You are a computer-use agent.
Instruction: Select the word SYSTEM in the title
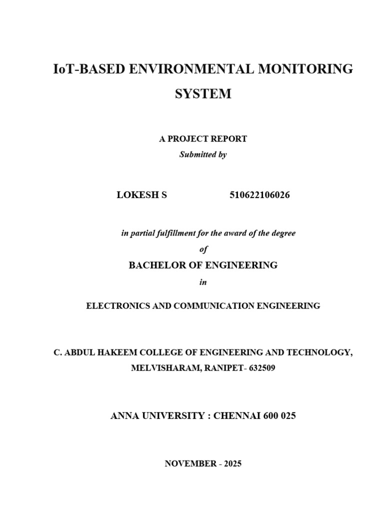[203, 94]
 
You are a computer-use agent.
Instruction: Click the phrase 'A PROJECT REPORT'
[203, 139]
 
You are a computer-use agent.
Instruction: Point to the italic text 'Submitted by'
[203, 155]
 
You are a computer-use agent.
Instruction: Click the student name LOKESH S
[141, 195]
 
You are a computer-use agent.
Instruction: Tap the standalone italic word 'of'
[203, 250]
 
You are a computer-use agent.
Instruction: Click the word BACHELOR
[157, 265]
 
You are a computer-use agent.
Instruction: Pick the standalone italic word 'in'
[203, 282]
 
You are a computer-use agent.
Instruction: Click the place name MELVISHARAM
[159, 368]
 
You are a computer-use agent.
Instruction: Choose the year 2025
[232, 464]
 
